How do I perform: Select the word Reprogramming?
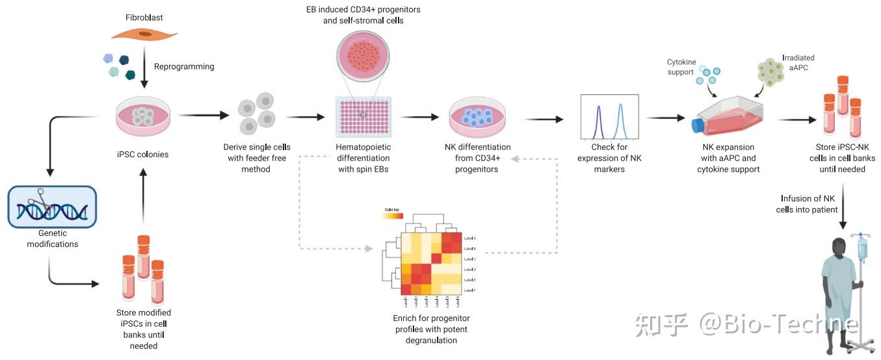[184, 66]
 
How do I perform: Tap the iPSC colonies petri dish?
[143, 116]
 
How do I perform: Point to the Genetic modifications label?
[51, 238]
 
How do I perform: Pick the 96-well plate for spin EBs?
[363, 117]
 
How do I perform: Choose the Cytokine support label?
[681, 67]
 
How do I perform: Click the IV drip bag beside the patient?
[862, 249]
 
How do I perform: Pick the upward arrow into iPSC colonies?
[143, 195]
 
